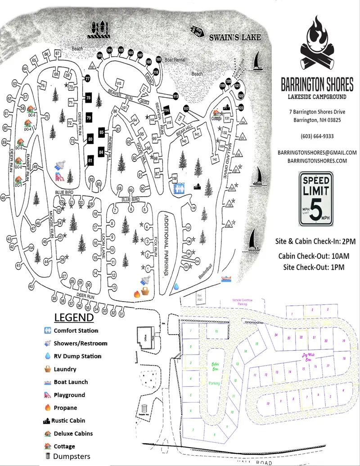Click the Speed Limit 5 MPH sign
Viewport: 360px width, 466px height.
point(316,198)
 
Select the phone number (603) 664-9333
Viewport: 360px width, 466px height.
point(317,136)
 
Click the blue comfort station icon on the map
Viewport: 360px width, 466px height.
point(180,188)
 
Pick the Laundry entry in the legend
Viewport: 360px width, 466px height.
point(65,369)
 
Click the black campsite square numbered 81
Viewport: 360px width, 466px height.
point(90,160)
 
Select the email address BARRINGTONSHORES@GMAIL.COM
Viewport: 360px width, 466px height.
point(317,153)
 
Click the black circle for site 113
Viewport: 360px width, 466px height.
point(175,96)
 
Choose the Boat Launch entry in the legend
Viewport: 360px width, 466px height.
point(71,382)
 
